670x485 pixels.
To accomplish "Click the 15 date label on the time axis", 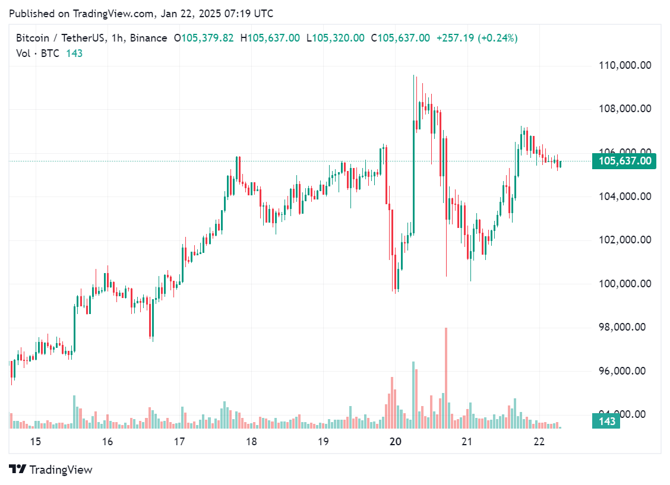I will pos(35,442).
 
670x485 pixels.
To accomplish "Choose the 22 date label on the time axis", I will pos(539,442).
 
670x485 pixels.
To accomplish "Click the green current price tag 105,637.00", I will pos(624,161).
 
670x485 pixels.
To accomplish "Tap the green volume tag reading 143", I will pos(606,421).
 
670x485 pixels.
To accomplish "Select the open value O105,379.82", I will pos(204,38).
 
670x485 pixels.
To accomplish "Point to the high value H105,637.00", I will pos(270,38).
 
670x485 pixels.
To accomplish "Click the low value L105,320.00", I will pos(335,38).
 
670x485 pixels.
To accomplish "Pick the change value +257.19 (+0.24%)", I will pos(477,38).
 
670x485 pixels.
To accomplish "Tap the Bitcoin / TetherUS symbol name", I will pos(59,38).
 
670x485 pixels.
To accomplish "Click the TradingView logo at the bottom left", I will pos(51,470).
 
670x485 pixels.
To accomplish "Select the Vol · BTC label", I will pos(38,53).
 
